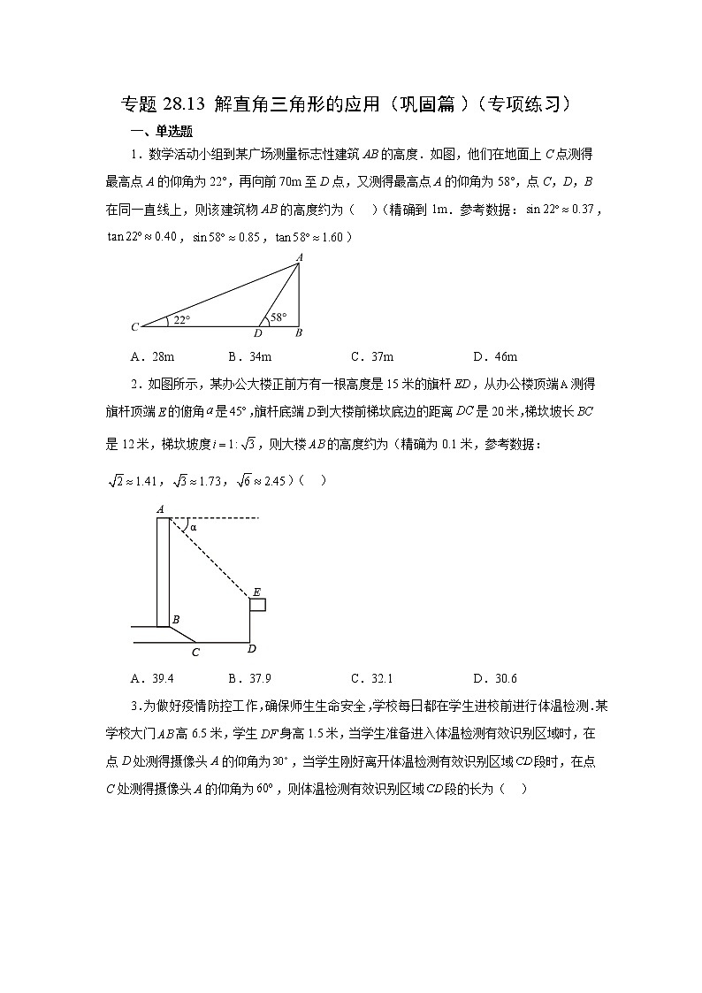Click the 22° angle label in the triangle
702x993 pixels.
pos(181,319)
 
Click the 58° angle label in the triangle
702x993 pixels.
pos(279,317)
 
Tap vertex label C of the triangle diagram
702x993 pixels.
pos(134,327)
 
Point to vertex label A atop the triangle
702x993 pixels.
pos(299,256)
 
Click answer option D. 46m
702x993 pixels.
pos(495,356)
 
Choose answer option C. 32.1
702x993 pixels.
pos(371,678)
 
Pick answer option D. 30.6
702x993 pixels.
pos(495,678)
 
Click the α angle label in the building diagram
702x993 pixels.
pos(192,527)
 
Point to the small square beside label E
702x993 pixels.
pos(257,604)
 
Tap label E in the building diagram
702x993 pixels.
pos(256,592)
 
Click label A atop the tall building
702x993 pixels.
pos(160,508)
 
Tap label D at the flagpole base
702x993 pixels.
pos(252,649)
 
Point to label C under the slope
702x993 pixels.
pos(195,653)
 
